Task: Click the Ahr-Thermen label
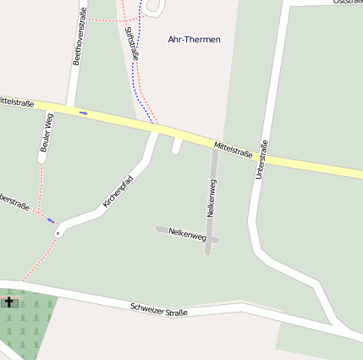coord(194,40)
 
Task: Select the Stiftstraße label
coord(131,42)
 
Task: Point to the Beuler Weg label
coord(45,133)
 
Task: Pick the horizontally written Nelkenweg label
coord(187,233)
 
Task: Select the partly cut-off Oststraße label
coord(347,3)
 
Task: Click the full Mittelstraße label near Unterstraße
coord(233,150)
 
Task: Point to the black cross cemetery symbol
coord(10,301)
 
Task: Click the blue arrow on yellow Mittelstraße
coord(84,112)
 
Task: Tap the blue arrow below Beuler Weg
coord(51,220)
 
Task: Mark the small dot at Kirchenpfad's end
coord(58,231)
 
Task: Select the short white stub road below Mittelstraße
coord(177,146)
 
